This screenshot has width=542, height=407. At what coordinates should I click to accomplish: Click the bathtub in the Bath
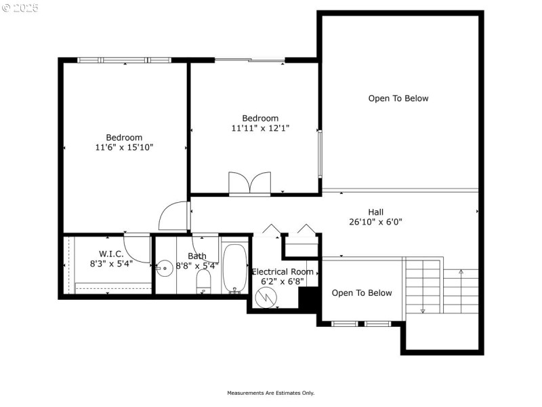click(235, 269)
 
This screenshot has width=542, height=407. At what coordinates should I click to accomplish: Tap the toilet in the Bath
click(204, 283)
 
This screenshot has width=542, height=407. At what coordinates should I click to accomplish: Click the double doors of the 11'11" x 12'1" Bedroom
click(249, 184)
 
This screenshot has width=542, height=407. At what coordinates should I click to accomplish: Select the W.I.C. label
click(107, 254)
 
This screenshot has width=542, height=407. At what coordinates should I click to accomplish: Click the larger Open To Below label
click(398, 98)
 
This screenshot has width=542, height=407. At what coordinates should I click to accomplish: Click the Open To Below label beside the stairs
click(362, 293)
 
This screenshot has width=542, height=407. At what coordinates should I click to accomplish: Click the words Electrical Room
click(283, 271)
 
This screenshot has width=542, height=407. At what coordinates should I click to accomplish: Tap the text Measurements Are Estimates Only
click(270, 393)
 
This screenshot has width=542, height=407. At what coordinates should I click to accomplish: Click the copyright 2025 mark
click(20, 7)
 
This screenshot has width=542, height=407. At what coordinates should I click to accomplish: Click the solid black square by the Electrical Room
click(308, 299)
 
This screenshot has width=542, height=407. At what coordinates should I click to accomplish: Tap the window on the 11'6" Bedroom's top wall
click(124, 60)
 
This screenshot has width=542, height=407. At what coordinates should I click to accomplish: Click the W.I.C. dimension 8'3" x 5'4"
click(107, 263)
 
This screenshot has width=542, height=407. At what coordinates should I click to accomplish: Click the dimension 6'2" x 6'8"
click(283, 281)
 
